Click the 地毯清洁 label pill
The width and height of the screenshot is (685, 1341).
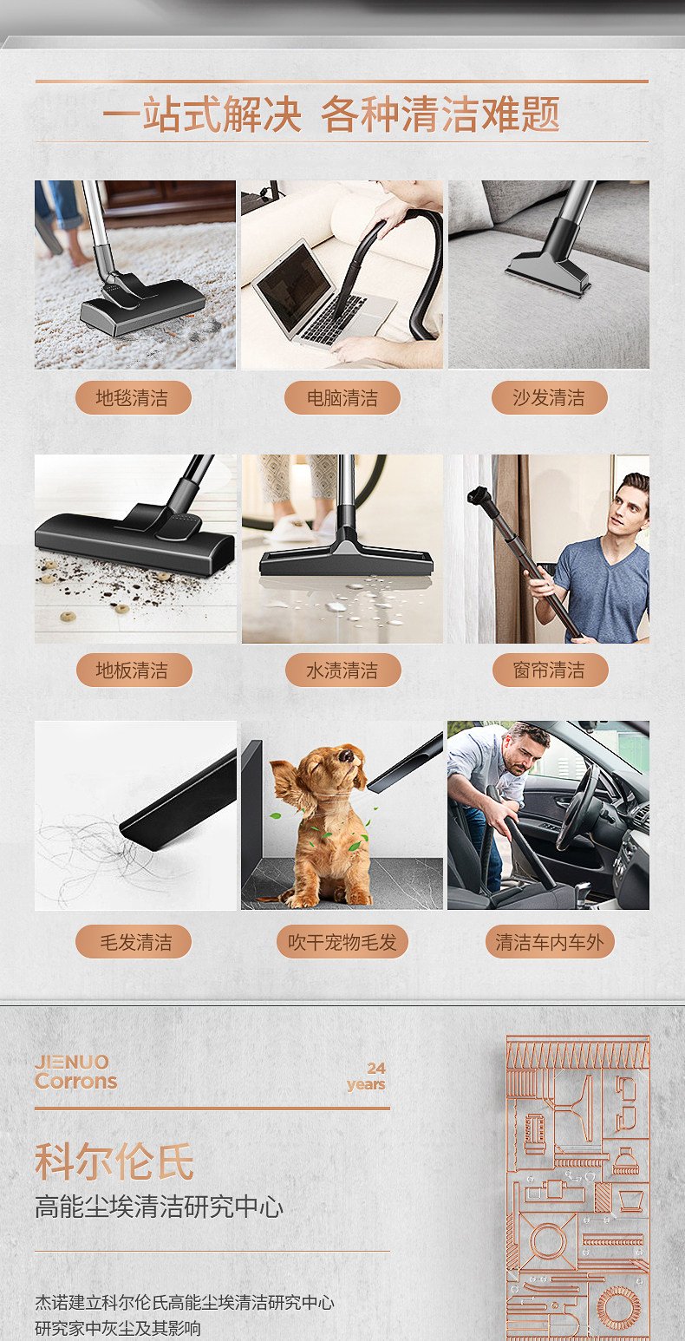click(x=133, y=397)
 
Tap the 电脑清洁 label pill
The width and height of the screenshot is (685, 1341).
click(x=342, y=397)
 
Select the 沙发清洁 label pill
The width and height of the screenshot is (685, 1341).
click(x=549, y=397)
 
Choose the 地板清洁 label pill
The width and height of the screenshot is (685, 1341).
click(x=134, y=670)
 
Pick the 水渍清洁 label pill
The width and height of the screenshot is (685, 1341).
click(x=342, y=670)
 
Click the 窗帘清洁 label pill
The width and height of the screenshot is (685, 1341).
click(x=550, y=670)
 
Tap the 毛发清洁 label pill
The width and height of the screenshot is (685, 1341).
click(x=134, y=942)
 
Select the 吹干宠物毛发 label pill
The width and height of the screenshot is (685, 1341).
click(x=342, y=942)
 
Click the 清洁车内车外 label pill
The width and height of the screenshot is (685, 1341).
click(x=550, y=942)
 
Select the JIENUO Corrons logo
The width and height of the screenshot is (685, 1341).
click(x=75, y=1071)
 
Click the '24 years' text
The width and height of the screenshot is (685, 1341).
click(x=366, y=1076)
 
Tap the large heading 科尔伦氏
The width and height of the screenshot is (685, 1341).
click(x=114, y=1161)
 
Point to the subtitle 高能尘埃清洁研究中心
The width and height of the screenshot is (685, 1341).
click(x=159, y=1207)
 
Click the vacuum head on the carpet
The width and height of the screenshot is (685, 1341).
click(x=144, y=306)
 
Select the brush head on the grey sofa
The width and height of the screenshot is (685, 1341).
click(x=547, y=273)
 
